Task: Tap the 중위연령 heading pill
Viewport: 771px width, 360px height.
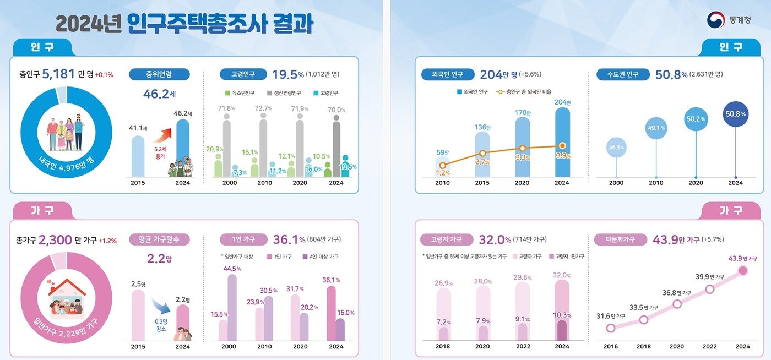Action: tap(159, 74)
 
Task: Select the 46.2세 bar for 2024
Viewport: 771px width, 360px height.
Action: tap(182, 148)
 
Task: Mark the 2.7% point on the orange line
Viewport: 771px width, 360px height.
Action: tap(482, 154)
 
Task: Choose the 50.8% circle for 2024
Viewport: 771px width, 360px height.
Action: tap(736, 114)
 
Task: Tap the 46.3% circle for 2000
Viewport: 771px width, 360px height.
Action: tap(616, 147)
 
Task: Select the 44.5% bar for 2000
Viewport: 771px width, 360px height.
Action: tap(232, 307)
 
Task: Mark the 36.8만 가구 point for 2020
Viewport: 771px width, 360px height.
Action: tap(677, 303)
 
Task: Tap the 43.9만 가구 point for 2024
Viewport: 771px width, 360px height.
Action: tap(742, 270)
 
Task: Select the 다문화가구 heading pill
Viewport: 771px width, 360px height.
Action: tap(620, 239)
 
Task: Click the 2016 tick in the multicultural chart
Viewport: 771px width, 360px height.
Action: tap(610, 346)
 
